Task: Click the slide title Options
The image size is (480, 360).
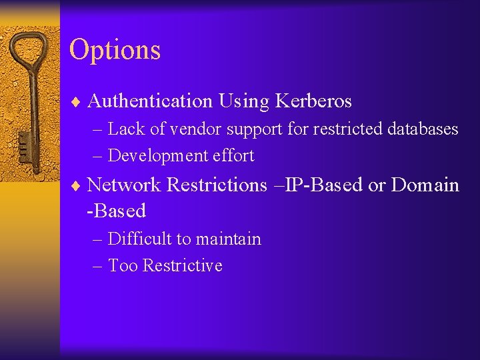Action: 115,50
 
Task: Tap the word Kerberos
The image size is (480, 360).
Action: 311,101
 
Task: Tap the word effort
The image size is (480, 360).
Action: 233,156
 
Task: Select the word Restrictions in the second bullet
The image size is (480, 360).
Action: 217,185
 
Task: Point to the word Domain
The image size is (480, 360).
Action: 425,185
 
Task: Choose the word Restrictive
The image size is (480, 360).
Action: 182,266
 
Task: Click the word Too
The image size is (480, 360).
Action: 123,266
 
